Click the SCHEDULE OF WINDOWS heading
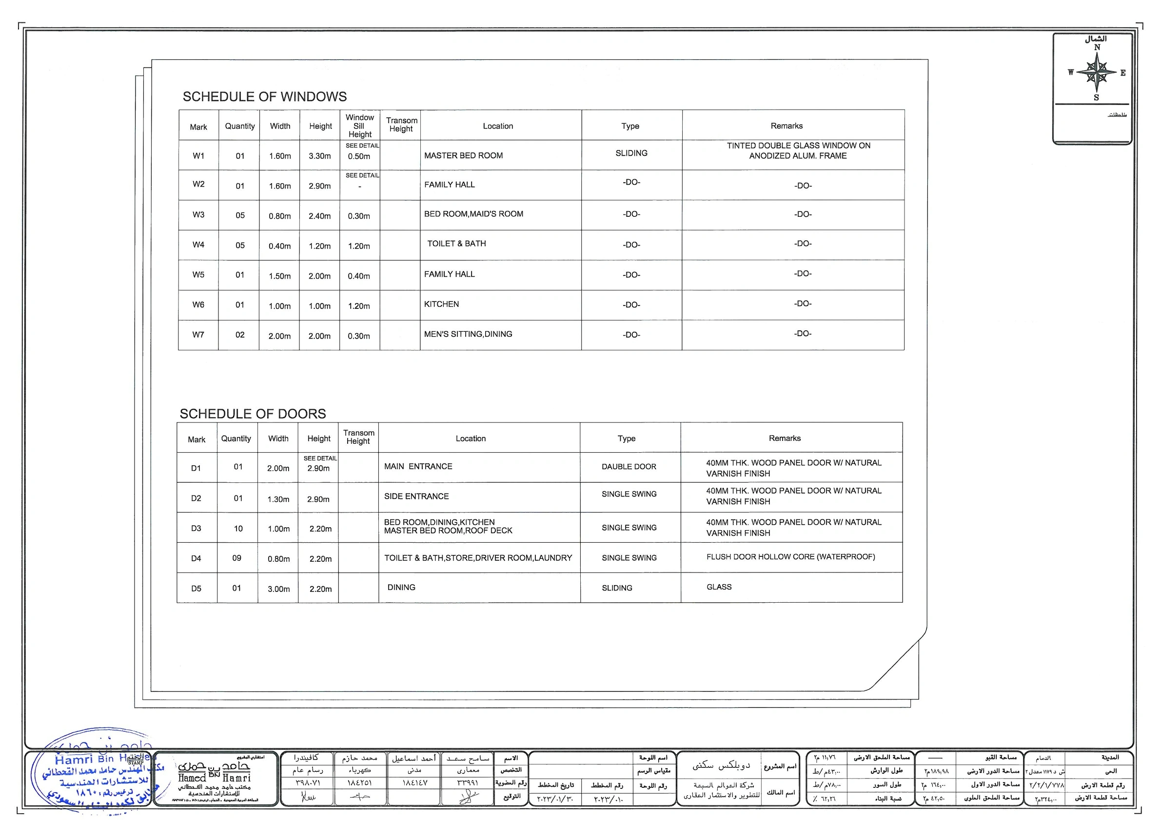point(264,96)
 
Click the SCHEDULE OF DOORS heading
point(253,414)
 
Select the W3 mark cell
point(198,215)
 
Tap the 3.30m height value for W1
point(319,156)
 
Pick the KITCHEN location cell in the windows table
point(441,304)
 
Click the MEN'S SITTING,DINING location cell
point(468,334)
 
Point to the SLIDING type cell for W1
point(631,153)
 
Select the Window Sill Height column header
point(359,126)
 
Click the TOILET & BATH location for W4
point(456,244)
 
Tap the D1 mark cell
point(196,468)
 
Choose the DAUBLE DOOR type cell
point(629,467)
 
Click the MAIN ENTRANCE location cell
point(418,466)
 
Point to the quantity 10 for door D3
point(238,529)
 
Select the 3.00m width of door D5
point(278,589)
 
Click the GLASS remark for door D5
point(719,587)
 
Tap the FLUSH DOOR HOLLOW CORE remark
point(790,557)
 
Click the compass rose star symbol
point(1096,72)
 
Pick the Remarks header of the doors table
point(784,438)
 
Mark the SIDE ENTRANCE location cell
point(416,496)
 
